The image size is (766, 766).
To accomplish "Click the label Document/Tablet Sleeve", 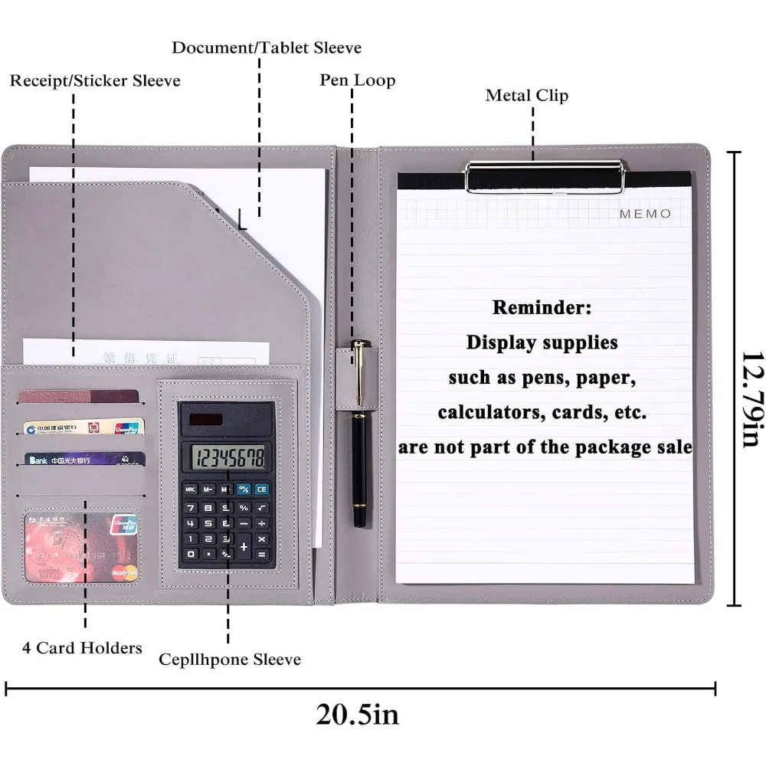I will coord(266,47).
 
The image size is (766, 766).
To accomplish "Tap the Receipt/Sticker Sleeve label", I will coord(95,80).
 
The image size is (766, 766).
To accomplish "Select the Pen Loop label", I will coord(357,80).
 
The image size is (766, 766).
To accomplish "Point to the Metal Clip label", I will coord(526,96).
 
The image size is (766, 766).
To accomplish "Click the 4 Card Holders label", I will coord(82,648).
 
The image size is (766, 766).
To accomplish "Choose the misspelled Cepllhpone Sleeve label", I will coord(230,660).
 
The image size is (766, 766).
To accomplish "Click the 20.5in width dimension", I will coord(357,715).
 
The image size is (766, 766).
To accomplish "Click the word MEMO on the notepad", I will coord(645,214).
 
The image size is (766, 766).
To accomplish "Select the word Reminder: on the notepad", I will coord(542,308).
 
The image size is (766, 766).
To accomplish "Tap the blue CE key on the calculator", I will coord(262,489).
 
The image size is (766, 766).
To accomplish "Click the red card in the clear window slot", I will coord(80,547).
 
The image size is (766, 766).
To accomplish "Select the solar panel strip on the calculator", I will coord(207,420).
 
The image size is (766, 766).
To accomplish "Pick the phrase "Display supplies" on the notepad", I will coord(542,342).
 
